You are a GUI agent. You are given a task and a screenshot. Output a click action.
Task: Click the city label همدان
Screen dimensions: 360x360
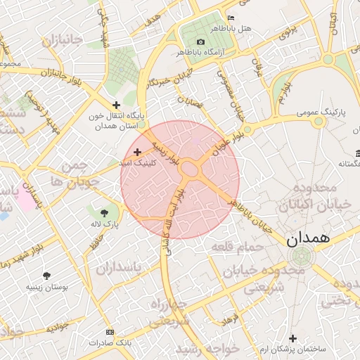point(308,238)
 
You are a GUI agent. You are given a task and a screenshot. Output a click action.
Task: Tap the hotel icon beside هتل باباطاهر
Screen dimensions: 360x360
point(231,18)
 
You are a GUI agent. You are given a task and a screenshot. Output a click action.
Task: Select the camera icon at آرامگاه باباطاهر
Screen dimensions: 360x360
point(201,42)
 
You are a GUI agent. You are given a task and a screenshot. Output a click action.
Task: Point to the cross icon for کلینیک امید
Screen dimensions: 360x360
point(137,152)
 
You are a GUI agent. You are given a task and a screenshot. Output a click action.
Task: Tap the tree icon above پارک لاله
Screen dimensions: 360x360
point(105,212)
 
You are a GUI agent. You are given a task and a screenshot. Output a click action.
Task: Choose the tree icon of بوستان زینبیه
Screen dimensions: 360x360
point(47,276)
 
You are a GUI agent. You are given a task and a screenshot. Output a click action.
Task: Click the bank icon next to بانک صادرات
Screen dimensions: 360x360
point(109,331)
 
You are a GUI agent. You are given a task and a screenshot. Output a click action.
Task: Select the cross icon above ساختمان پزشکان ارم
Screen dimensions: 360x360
point(293,338)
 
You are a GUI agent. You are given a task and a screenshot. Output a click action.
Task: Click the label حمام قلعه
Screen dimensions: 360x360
point(242,247)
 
